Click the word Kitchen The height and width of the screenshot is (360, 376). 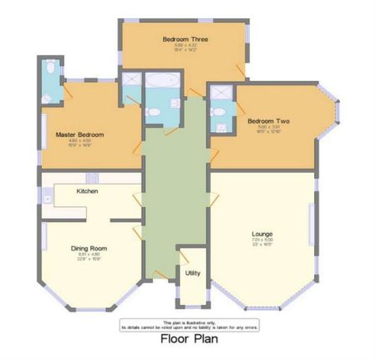tap(88, 191)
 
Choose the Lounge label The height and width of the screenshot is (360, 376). tap(263, 233)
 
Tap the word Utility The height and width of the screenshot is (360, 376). tap(192, 273)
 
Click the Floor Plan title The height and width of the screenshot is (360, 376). tap(187, 340)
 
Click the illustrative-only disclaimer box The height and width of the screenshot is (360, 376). tap(187, 324)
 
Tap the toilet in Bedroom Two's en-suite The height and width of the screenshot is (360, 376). tap(220, 113)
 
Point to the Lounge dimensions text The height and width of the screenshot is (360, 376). tap(263, 241)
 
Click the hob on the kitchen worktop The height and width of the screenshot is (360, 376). tap(92, 177)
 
